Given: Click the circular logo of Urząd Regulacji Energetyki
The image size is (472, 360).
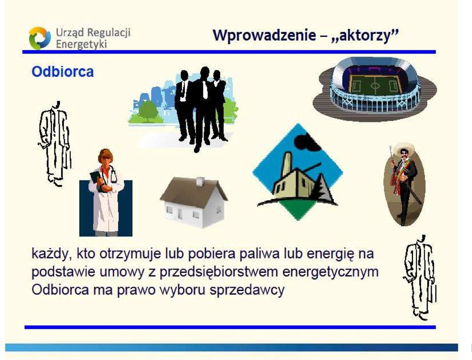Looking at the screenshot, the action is point(40,38).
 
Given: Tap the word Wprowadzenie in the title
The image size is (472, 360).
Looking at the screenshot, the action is point(265,35).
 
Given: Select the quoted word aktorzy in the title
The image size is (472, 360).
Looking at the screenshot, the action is point(365,35).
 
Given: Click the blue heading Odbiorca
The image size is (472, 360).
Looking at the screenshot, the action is point(62,72).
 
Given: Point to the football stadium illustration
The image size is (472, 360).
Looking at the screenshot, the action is point(375,89).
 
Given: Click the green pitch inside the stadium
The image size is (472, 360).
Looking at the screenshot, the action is point(375,86).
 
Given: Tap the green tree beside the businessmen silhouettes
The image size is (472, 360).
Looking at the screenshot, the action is point(147,111).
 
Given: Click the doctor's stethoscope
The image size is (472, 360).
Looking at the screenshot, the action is point(112,175).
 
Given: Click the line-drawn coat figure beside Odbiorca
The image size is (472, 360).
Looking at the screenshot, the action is point(55,144).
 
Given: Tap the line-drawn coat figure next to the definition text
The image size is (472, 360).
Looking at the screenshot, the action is point(419,277).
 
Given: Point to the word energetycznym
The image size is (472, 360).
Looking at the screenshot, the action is point(330,272).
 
